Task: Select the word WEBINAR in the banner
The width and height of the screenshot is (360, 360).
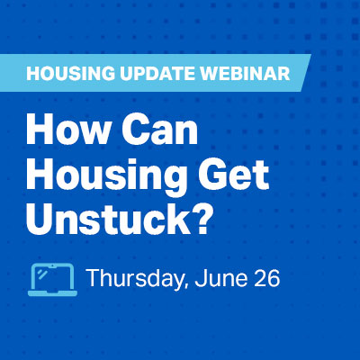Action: click(245, 74)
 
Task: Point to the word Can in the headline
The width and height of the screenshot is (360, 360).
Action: click(160, 131)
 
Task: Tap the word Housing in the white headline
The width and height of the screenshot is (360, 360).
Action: click(104, 175)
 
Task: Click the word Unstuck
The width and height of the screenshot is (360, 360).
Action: click(104, 218)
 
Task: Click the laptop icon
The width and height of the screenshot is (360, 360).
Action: click(52, 280)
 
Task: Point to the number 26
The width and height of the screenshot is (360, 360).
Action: click(267, 278)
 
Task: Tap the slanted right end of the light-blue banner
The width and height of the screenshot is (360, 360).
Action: click(305, 73)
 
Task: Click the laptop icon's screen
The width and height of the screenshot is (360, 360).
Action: click(52, 276)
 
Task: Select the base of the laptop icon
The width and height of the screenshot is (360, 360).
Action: click(52, 293)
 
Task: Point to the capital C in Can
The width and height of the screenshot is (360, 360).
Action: click(135, 131)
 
